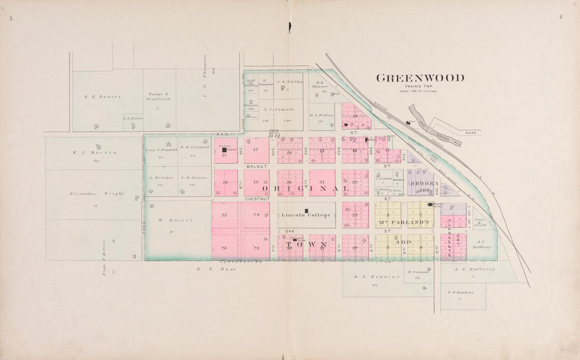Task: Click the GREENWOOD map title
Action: click(x=420, y=78)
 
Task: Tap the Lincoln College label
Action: click(x=306, y=215)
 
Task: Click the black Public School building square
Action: click(x=224, y=150)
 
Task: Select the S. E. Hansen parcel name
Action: click(x=103, y=96)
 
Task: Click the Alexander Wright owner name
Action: click(x=96, y=193)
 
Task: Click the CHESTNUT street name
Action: click(x=257, y=199)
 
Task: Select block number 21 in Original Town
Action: click(x=322, y=182)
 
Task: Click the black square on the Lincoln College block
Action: click(x=306, y=210)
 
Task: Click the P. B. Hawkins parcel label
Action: click(x=460, y=293)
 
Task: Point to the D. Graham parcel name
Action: click(x=416, y=272)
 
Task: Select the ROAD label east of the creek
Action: click(x=470, y=133)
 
